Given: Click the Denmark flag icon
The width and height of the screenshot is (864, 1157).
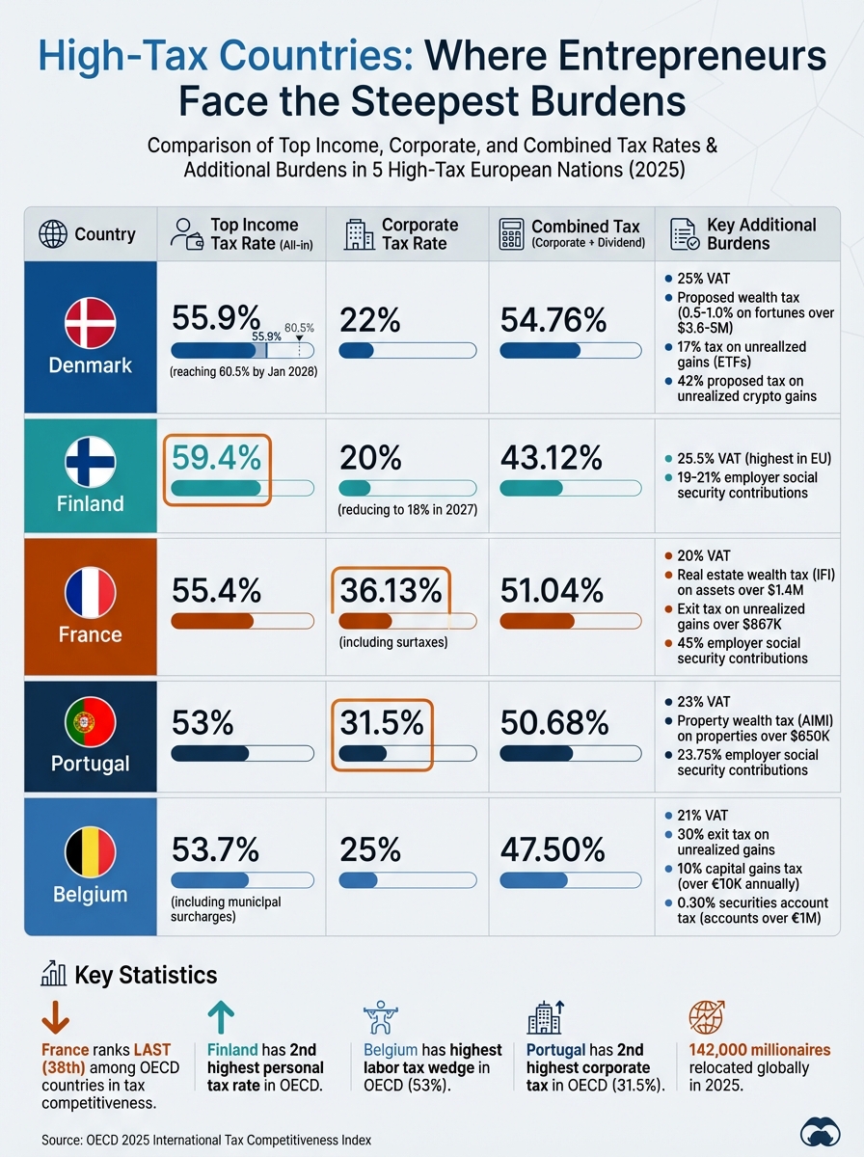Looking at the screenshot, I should [90, 323].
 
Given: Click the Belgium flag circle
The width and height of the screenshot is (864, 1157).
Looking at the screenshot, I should [90, 852].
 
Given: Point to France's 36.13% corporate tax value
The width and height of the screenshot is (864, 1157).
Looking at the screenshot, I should [391, 590].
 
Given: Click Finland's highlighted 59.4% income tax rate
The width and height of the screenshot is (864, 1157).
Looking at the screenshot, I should [216, 457].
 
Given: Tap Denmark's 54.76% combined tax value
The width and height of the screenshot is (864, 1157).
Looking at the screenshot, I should [553, 320].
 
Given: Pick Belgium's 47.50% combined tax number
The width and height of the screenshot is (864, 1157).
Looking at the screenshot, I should [553, 849].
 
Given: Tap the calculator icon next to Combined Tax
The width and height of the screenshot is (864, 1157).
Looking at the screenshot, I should [511, 234].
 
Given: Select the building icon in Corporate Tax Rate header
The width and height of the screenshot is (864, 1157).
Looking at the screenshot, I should [358, 234].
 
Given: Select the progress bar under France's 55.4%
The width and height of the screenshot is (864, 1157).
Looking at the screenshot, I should [241, 620].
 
